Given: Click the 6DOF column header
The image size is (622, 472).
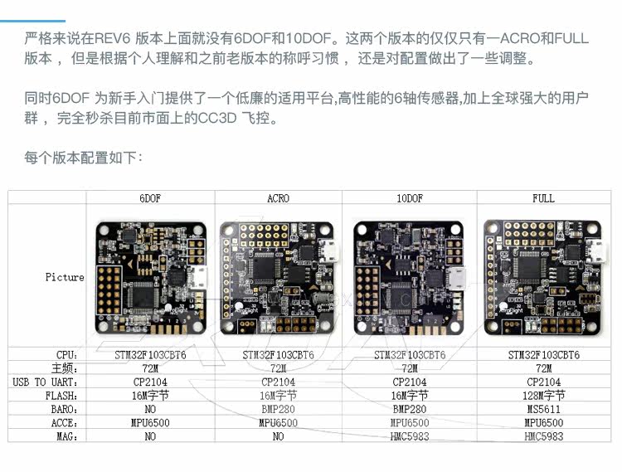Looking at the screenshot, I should coord(149,198).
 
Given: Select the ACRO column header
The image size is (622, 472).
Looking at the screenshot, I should coord(278,198).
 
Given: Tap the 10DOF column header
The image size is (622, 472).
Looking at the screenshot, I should coord(410,198).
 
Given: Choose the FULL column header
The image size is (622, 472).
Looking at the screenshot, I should coord(543,198).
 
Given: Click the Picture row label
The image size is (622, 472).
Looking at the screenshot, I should coord(65,277).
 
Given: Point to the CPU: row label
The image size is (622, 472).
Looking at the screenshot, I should coord(68,354).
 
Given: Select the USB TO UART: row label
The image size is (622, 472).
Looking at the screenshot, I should coord(46,382).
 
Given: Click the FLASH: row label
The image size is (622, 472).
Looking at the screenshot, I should coord(64,396).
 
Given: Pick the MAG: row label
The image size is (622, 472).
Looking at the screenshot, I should coord(68,436).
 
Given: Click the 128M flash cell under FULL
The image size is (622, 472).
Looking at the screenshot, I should coord(543,396).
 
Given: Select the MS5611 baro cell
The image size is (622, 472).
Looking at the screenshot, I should coord(543,409).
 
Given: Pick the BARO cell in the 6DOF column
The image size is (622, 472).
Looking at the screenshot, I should coord(149,409).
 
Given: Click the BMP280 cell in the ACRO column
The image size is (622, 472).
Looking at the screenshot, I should coord(278,409).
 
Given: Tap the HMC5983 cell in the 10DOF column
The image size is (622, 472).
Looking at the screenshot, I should coord(410,436).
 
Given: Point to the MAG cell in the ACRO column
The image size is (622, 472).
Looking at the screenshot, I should coord(278,436).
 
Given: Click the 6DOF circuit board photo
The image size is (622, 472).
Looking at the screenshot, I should coord(150,276).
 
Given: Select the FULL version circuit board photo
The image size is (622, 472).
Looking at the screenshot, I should coord(542,276).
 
